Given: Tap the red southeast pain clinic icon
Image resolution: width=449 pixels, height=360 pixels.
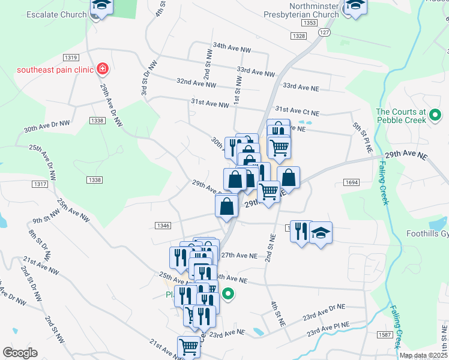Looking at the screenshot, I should pyautogui.click(x=103, y=69).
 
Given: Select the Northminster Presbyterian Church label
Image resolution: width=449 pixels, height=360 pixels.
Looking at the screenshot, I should pyautogui.click(x=301, y=10).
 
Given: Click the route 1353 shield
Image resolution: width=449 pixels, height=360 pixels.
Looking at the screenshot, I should pyautogui.click(x=310, y=23).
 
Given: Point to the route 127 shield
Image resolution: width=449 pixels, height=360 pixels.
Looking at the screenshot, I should pyautogui.click(x=325, y=32).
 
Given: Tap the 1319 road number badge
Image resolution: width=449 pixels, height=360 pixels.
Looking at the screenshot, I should pyautogui.click(x=70, y=57).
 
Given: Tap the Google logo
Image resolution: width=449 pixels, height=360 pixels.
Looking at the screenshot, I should pyautogui.click(x=20, y=353).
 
